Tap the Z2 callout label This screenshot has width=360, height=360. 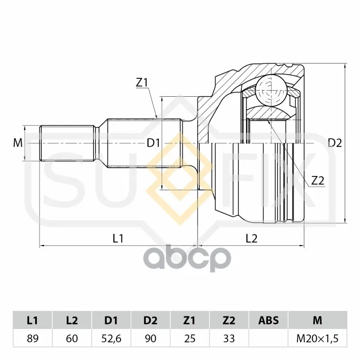point(318,181)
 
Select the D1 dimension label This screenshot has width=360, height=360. point(153,143)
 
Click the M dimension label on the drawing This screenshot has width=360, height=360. point(18,143)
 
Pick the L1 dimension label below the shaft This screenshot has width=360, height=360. point(118,238)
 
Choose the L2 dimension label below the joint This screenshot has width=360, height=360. point(252,238)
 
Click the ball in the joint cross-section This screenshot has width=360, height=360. point(272,90)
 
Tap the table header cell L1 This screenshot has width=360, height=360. point(32,320)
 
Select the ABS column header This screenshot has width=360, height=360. point(268,320)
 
